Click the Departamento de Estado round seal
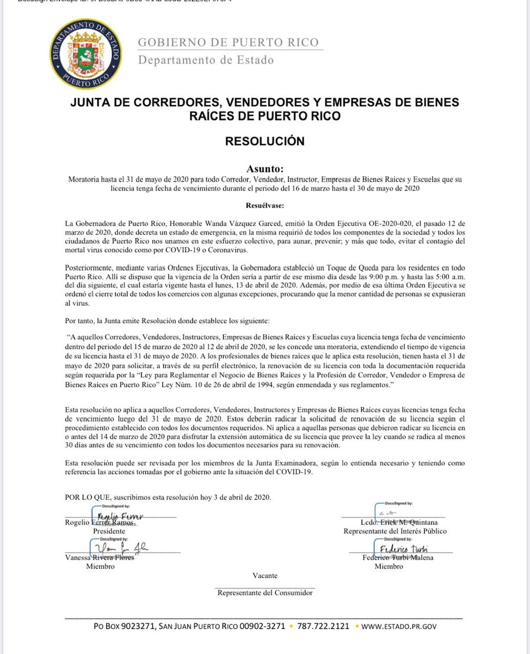pos(86,53)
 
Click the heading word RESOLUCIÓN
pos(264,142)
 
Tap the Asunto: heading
pos(264,169)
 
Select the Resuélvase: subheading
pos(264,205)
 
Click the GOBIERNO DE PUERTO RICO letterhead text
pos(228,42)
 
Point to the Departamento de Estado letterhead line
pos(206,60)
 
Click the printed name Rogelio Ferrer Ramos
pos(99,523)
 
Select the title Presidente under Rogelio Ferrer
pos(109,531)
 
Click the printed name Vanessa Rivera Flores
pos(100,557)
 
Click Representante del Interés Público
pos(395,531)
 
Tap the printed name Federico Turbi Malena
pos(397,557)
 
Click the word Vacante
pos(265,576)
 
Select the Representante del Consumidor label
pos(265,593)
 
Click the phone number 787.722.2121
pos(323,626)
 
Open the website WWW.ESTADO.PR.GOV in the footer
pos(399,626)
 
